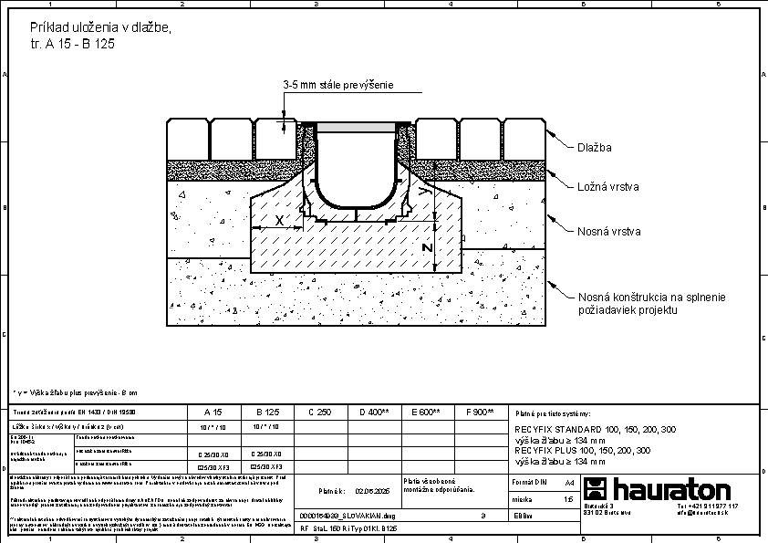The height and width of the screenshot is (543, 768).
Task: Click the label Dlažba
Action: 594,147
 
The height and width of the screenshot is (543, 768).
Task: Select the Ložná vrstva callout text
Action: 607,187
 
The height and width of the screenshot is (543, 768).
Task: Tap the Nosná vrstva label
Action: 608,232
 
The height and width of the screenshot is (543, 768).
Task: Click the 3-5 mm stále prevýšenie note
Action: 337,85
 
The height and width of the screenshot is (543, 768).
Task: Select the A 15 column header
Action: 213,412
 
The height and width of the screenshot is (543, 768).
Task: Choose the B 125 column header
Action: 265,412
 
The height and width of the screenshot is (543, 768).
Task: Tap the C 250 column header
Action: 319,412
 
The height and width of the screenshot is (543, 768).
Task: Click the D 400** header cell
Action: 374,412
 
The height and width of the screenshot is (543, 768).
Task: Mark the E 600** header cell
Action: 427,412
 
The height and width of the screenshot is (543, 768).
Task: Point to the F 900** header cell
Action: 479,412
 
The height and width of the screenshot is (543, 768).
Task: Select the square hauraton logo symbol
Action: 599,488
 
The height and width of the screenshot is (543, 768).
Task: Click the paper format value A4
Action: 570,481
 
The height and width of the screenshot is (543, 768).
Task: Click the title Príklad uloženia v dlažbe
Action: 100,28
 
